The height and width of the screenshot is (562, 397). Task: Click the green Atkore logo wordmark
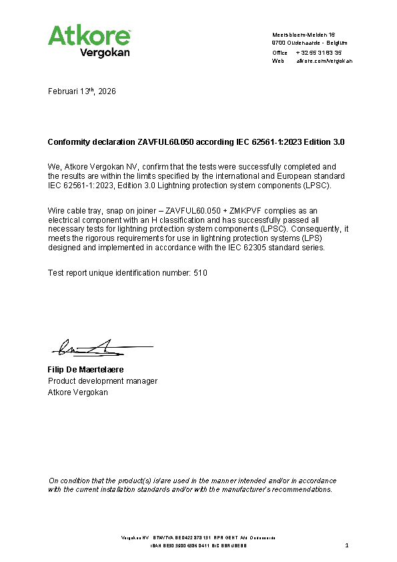[x=89, y=35]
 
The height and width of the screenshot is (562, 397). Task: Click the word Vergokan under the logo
[x=105, y=52]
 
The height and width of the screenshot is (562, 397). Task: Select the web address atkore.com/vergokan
[x=324, y=61]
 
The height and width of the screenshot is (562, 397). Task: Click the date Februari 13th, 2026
[x=82, y=91]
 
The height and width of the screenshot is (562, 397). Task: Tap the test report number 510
[x=200, y=273]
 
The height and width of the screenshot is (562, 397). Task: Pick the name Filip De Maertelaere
[x=86, y=370]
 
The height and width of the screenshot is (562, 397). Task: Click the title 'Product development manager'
[x=103, y=381]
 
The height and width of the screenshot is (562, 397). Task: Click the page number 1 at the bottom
[x=348, y=546]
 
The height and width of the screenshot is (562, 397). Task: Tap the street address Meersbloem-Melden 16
[x=304, y=34]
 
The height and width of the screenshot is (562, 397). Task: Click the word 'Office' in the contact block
[x=280, y=52]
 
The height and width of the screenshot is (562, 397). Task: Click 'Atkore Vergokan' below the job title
[x=77, y=392]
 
